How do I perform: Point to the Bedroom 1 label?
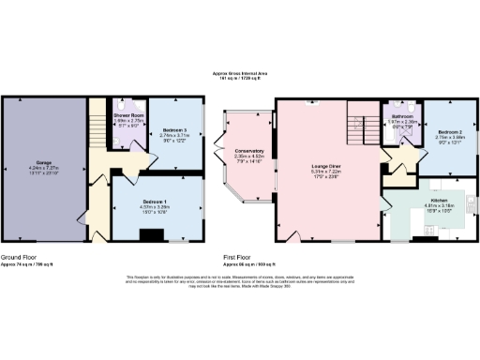pyautogui.click(x=155, y=202)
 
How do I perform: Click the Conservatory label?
pyautogui.click(x=248, y=151)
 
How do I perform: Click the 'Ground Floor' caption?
pyautogui.click(x=20, y=257)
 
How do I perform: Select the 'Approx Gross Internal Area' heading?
pyautogui.click(x=240, y=74)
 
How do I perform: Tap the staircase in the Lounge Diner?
pyautogui.click(x=359, y=118)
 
